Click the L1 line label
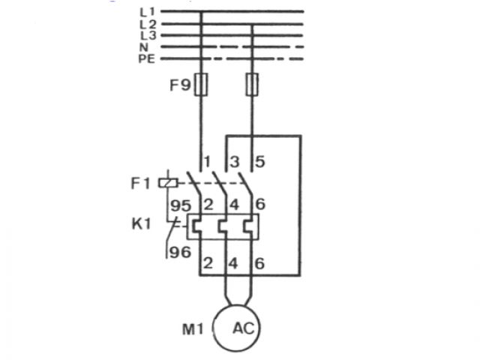[x=146, y=13]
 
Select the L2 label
[x=146, y=24]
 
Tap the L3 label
[x=146, y=35]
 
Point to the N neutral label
[x=143, y=46]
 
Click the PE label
[x=146, y=58]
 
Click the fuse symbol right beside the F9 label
[x=200, y=84]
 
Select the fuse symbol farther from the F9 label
[x=253, y=84]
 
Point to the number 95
[x=180, y=204]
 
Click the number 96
[x=180, y=253]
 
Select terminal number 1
[x=208, y=161]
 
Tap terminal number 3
[x=233, y=161]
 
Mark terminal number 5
[x=260, y=161]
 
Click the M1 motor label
[x=194, y=328]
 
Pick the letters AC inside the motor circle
[x=243, y=328]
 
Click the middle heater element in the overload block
[x=226, y=225]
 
